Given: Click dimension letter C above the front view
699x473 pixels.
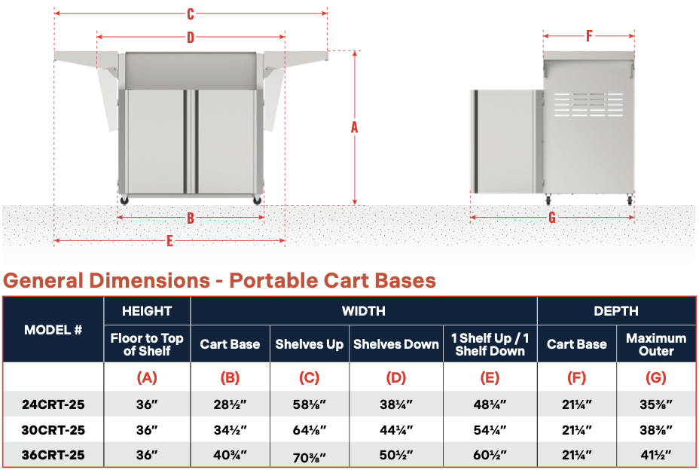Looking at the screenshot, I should click(x=191, y=14).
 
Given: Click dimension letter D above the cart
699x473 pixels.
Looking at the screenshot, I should click(x=191, y=37).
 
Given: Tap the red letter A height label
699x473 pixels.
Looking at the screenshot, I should click(x=355, y=127).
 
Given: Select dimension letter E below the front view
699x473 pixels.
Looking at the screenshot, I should click(x=170, y=241).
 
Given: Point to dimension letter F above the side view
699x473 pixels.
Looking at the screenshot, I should click(x=589, y=35).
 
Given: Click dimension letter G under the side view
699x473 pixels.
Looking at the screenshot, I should click(x=552, y=218).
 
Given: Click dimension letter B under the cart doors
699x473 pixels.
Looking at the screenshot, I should click(x=191, y=218).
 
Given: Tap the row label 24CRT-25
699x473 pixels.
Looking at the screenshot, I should click(x=53, y=404).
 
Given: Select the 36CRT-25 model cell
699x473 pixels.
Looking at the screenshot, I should click(x=53, y=455).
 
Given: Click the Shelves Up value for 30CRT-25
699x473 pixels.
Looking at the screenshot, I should click(x=310, y=430).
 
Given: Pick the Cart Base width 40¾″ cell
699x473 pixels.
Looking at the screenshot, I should click(x=230, y=455).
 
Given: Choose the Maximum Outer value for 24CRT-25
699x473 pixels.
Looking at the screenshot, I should click(x=656, y=404).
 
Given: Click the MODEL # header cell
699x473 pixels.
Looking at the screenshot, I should click(x=53, y=330).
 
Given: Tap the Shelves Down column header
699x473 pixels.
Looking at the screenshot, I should click(x=396, y=344).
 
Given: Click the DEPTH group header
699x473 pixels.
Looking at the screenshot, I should click(x=616, y=310).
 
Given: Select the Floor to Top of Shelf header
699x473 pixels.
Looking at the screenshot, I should click(x=147, y=344).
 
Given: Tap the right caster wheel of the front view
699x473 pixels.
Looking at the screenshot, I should click(x=258, y=200).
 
